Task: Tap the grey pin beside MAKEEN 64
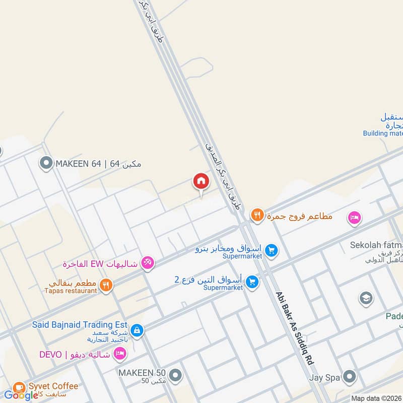pyautogui.click(x=46, y=163)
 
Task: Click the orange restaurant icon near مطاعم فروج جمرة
pyautogui.click(x=257, y=216)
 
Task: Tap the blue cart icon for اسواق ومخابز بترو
pyautogui.click(x=272, y=250)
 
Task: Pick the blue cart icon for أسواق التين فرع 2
pyautogui.click(x=252, y=282)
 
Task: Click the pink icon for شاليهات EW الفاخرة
pyautogui.click(x=148, y=262)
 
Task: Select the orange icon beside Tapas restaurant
pyautogui.click(x=106, y=285)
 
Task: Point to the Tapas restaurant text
pyautogui.click(x=71, y=291)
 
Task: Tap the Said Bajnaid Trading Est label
pyautogui.click(x=80, y=325)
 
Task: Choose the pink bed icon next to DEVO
pyautogui.click(x=120, y=355)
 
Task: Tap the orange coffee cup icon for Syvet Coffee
pyautogui.click(x=19, y=387)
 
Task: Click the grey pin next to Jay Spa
pyautogui.click(x=349, y=376)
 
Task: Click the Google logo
pyautogui.click(x=21, y=395)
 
